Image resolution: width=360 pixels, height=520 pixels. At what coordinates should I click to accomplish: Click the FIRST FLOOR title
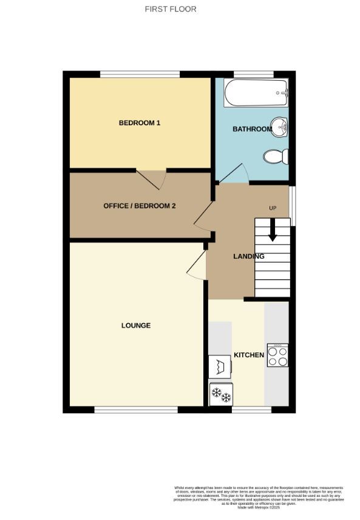click(171, 9)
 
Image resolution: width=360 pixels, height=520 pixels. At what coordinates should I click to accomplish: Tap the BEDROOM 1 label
click(139, 123)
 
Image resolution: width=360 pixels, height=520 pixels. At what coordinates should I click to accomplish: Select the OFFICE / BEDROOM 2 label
click(139, 206)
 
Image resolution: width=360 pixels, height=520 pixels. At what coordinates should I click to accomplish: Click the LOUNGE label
click(135, 326)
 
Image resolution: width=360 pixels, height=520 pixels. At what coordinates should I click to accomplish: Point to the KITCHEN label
click(249, 355)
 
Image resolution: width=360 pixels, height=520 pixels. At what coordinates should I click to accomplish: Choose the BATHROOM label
click(252, 129)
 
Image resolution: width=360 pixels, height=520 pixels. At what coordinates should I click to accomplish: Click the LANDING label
click(248, 256)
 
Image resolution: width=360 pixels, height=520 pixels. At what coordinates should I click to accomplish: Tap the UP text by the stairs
click(273, 209)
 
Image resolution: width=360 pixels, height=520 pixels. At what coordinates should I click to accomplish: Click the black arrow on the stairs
click(272, 230)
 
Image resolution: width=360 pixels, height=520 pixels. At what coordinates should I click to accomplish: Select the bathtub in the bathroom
click(256, 94)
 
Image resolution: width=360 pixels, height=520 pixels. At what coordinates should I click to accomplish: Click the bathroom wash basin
click(280, 127)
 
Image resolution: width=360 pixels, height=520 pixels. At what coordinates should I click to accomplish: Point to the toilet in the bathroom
click(276, 157)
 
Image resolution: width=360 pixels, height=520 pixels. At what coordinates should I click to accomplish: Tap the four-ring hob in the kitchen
click(277, 355)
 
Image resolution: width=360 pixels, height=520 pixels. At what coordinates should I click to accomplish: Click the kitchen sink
click(220, 367)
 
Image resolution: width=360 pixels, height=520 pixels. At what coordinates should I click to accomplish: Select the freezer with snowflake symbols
click(221, 395)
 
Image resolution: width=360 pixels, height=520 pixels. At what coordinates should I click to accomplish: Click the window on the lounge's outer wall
click(136, 409)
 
